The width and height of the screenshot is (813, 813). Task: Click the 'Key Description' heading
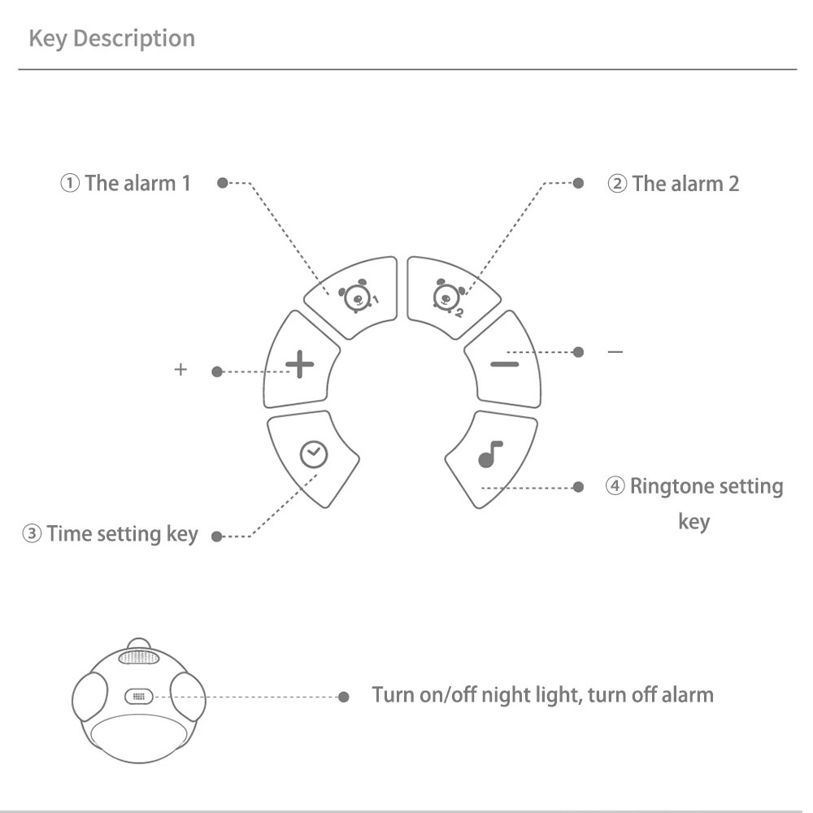coord(112,39)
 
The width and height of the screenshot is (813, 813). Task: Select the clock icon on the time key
coord(314,454)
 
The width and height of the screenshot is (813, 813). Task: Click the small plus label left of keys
coord(180,370)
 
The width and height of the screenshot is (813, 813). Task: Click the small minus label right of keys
coord(615,352)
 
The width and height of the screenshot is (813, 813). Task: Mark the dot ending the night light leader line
coord(344,697)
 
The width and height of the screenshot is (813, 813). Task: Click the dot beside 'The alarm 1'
coord(223,183)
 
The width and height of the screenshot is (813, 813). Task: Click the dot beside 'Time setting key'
coord(216,537)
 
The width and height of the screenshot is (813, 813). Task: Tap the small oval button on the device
coord(138,697)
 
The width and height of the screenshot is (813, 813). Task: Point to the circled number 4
coord(615,486)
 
